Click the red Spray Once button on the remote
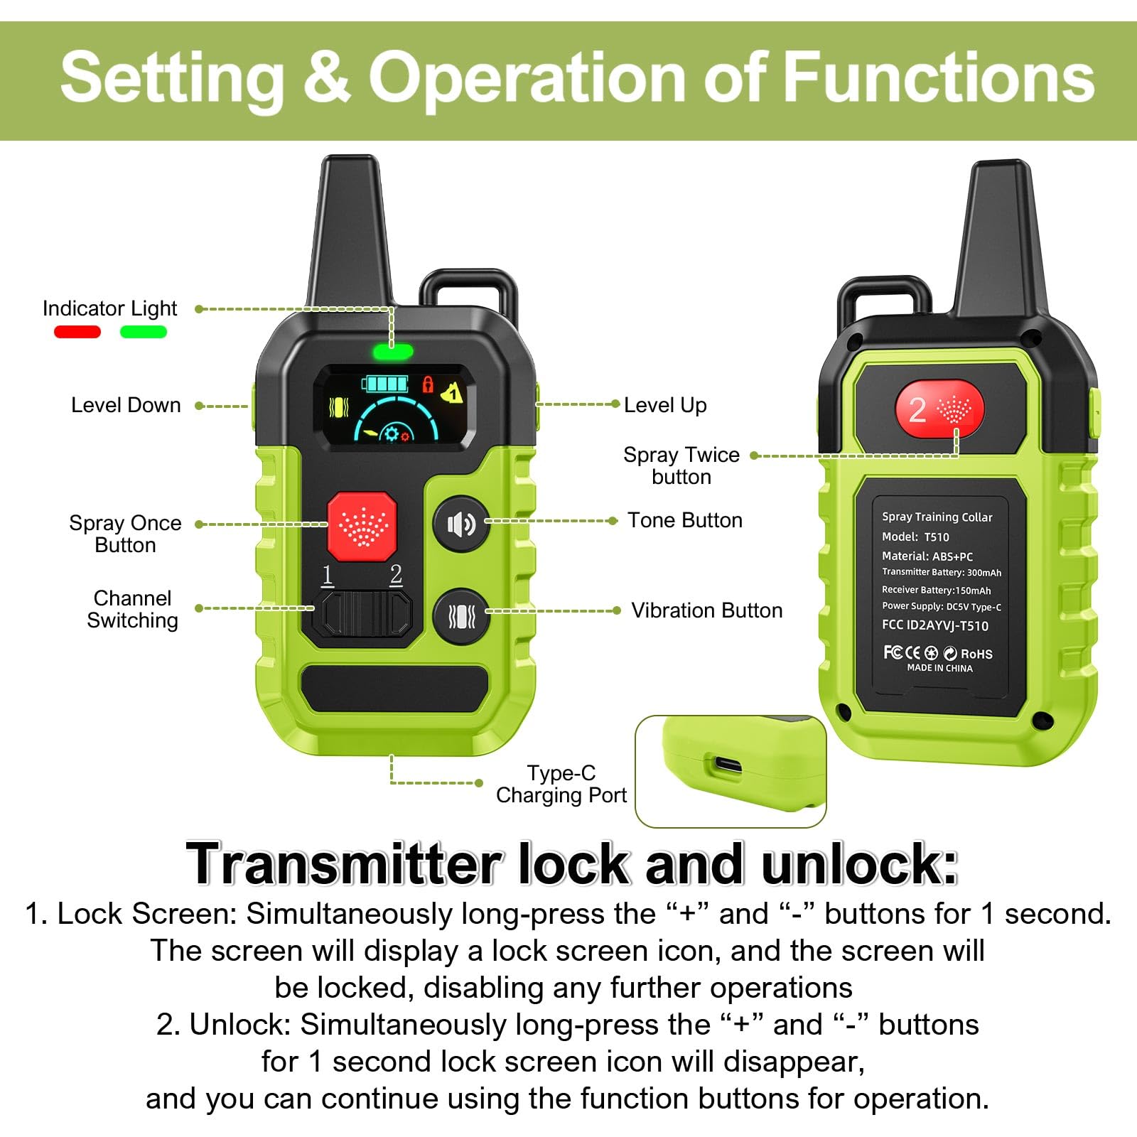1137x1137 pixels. [x=362, y=527]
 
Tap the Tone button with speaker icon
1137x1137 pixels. [x=460, y=524]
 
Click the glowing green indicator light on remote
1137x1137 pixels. [x=393, y=351]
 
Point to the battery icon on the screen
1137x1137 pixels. [x=385, y=384]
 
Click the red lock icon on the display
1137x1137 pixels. [x=428, y=384]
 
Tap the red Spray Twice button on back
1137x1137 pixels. [x=939, y=410]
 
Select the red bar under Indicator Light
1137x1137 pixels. [x=77, y=332]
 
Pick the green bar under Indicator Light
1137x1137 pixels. [x=144, y=332]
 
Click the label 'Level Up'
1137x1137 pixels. [x=665, y=405]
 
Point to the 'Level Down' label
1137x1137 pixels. [x=126, y=405]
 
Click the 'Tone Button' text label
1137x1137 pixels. [x=684, y=520]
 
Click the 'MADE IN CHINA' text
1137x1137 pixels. [x=939, y=668]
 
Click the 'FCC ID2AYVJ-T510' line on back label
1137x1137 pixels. [x=934, y=625]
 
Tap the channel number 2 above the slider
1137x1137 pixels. [x=396, y=574]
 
